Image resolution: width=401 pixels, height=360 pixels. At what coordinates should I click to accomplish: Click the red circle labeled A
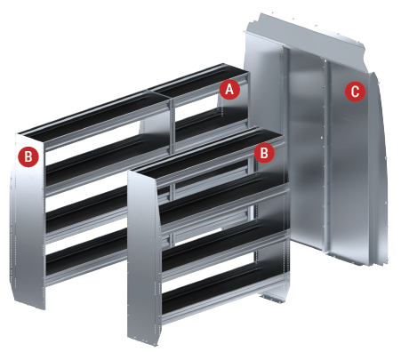point(229,89)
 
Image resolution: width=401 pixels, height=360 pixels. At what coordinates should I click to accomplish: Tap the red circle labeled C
point(355,92)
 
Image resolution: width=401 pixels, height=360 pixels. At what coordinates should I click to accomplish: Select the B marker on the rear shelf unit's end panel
point(28,156)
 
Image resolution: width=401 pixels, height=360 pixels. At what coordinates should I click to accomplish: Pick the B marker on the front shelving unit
point(264,153)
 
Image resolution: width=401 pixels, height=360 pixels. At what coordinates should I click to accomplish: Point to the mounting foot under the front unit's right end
point(272,298)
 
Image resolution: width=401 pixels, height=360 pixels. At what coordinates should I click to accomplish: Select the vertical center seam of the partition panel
point(325,157)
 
